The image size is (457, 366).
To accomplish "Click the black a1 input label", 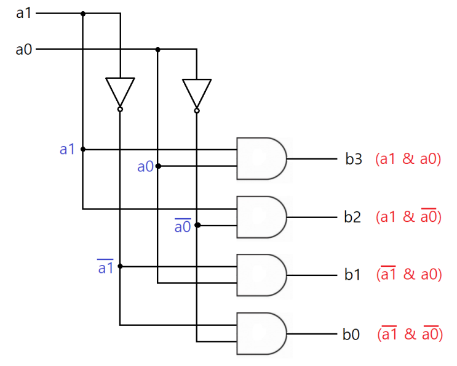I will (23, 13).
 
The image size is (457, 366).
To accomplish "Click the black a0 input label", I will (23, 49).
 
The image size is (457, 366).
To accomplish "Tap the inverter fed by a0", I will (197, 93).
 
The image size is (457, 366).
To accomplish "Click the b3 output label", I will (354, 159).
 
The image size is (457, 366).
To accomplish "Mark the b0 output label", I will (351, 335).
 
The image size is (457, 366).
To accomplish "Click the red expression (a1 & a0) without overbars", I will (408, 159).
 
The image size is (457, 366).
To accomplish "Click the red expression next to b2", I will (408, 217).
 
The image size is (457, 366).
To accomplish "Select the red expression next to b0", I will (409, 334).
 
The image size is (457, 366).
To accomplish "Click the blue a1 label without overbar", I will (68, 149).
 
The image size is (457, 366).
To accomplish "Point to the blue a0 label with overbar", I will (183, 226).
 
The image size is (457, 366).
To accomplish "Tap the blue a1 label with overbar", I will (106, 267).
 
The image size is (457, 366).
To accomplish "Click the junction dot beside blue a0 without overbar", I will (158, 166).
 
